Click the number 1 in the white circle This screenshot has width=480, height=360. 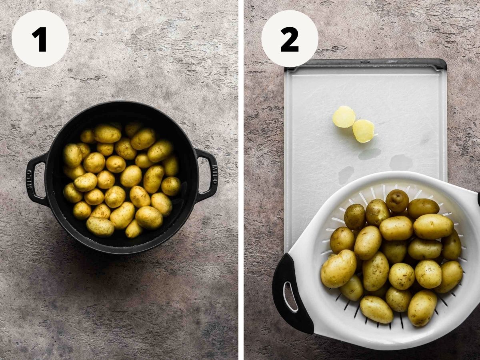click(40, 39)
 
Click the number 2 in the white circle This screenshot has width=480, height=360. click(290, 39)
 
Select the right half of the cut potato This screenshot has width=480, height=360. click(364, 131)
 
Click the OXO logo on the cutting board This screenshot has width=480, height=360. click(364, 62)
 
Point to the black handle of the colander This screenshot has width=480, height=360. click(291, 293)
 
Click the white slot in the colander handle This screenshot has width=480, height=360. click(290, 296)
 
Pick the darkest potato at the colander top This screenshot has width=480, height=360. click(397, 201)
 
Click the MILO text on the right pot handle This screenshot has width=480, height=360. click(214, 175)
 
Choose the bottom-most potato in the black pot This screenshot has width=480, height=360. click(134, 229)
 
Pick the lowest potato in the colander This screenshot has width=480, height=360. click(422, 308)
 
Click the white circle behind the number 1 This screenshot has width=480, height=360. click(40, 39)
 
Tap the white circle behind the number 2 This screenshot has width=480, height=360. click(290, 39)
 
